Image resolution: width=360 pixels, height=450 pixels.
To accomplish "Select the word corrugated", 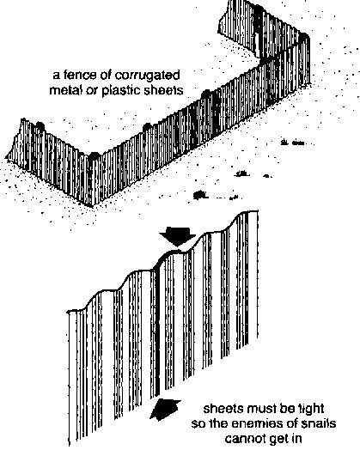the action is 147,76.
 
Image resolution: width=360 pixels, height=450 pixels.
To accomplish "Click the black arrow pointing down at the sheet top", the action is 177,236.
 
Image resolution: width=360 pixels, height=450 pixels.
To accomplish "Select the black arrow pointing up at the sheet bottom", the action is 165,410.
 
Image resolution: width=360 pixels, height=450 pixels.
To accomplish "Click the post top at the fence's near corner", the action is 95,155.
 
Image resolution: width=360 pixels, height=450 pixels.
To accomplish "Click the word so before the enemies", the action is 198,425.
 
